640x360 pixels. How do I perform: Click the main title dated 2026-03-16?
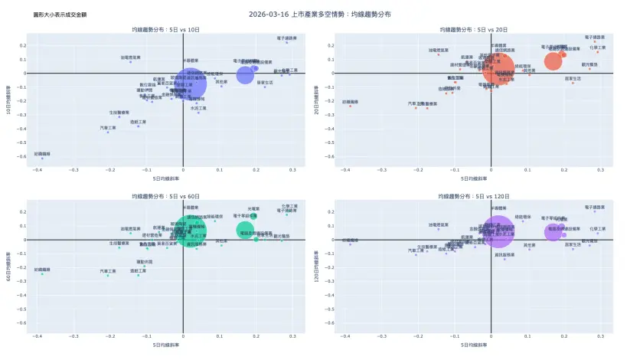tap(319, 15)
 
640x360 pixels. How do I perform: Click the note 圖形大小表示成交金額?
tap(59, 15)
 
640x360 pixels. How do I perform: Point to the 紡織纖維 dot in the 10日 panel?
tap(42, 158)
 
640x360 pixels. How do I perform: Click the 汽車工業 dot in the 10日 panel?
tap(108, 132)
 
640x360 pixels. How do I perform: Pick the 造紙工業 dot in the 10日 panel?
tap(139, 126)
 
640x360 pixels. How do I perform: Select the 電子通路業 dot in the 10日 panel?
tap(287, 42)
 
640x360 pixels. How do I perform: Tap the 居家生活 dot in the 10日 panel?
tap(265, 87)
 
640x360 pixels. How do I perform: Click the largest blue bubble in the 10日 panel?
tap(188, 83)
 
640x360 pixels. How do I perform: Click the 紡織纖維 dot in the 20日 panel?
tap(350, 106)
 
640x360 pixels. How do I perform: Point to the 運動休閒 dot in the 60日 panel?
tap(144, 266)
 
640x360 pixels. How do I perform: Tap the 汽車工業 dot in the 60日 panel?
tap(108, 275)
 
